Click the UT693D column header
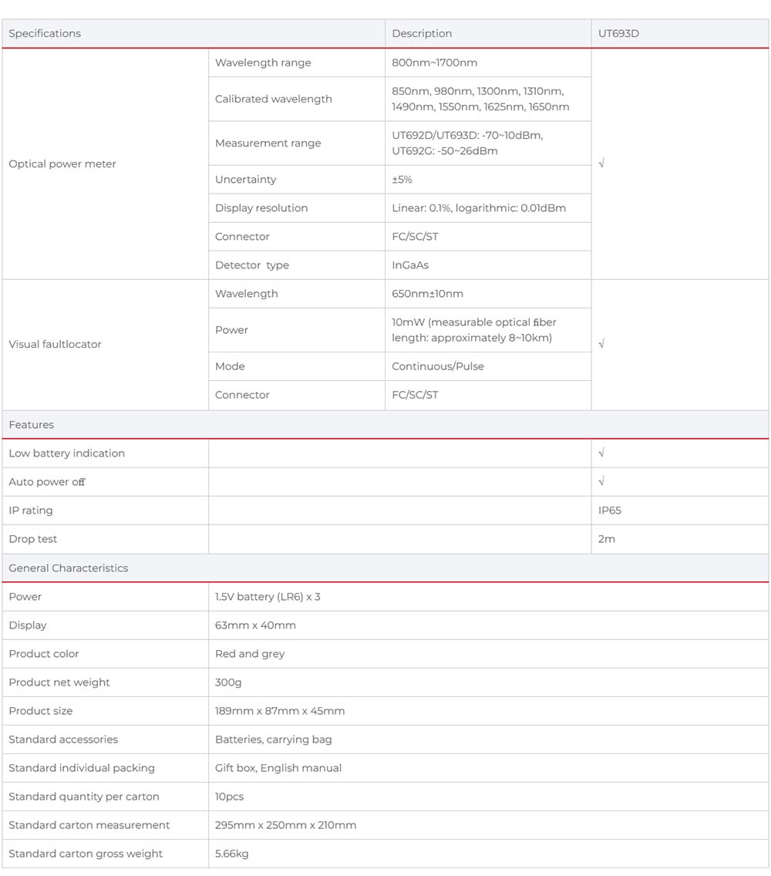click(618, 33)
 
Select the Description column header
click(422, 33)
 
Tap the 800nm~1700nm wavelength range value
click(434, 62)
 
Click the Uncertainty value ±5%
click(402, 180)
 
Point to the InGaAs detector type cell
click(410, 265)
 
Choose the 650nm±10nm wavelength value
click(427, 294)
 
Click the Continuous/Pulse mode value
click(438, 366)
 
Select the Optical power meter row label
click(62, 164)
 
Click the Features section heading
click(32, 425)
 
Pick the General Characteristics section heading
click(69, 568)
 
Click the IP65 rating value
click(609, 510)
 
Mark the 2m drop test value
click(607, 539)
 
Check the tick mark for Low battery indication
click(601, 453)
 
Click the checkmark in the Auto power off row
click(601, 482)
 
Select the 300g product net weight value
click(228, 682)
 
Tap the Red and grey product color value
click(250, 654)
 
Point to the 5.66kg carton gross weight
click(231, 854)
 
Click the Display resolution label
click(261, 208)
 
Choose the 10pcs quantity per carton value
click(229, 797)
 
